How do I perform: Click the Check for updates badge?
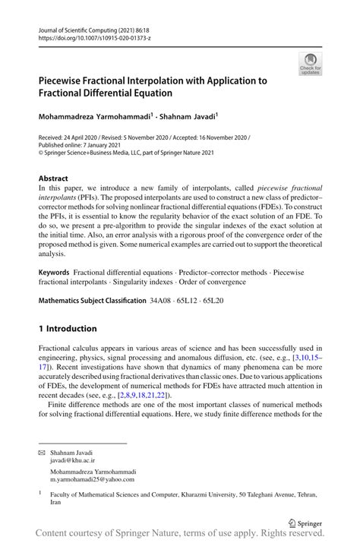pyautogui.click(x=310, y=64)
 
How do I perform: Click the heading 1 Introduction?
pyautogui.click(x=68, y=328)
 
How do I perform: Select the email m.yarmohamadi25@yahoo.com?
pyautogui.click(x=92, y=480)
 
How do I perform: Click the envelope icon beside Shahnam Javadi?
pyautogui.click(x=43, y=452)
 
